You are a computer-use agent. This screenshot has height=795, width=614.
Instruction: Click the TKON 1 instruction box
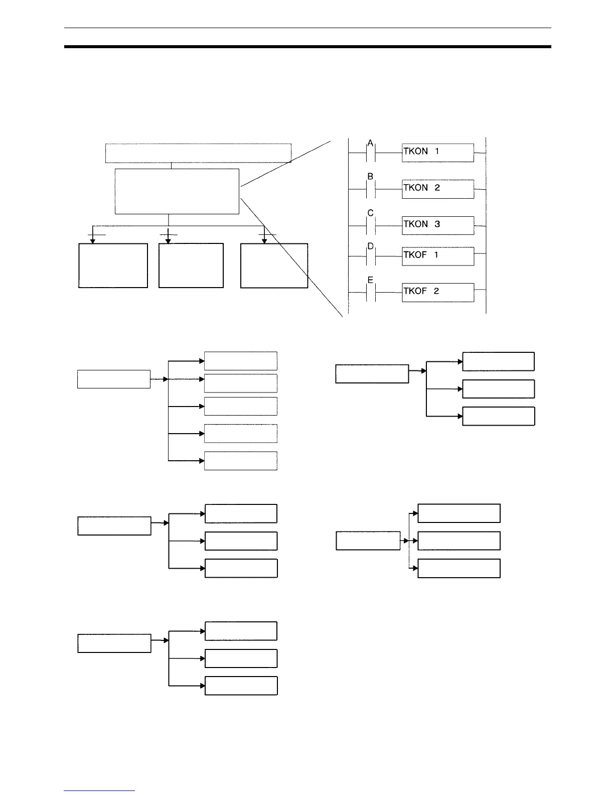pyautogui.click(x=437, y=153)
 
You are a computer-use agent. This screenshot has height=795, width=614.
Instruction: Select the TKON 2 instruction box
pyautogui.click(x=437, y=189)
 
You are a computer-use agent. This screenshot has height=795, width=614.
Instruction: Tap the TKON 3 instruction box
pyautogui.click(x=437, y=225)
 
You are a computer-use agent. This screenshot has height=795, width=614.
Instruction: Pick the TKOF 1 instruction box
pyautogui.click(x=437, y=256)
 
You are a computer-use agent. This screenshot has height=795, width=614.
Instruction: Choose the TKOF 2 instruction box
pyautogui.click(x=437, y=292)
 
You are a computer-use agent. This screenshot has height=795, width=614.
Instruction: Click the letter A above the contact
pyautogui.click(x=370, y=144)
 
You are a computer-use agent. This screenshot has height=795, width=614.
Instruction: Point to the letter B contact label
pyautogui.click(x=370, y=177)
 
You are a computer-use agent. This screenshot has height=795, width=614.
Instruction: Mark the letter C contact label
pyautogui.click(x=370, y=213)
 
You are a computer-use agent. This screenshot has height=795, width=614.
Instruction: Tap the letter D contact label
pyautogui.click(x=370, y=246)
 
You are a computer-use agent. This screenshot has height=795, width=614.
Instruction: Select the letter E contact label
pyautogui.click(x=370, y=280)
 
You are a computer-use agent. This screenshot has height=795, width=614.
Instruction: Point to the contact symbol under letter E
pyautogui.click(x=371, y=293)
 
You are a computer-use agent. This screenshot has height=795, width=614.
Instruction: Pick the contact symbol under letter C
pyautogui.click(x=371, y=225)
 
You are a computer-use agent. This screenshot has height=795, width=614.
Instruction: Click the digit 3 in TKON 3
pyautogui.click(x=437, y=224)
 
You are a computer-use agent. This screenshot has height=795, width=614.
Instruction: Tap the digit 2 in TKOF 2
pyautogui.click(x=436, y=291)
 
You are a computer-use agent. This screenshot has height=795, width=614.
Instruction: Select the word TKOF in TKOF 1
pyautogui.click(x=415, y=254)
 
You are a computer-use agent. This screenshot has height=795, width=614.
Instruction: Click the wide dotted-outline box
pyautogui.click(x=198, y=153)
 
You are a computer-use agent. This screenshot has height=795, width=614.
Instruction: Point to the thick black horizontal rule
pyautogui.click(x=308, y=47)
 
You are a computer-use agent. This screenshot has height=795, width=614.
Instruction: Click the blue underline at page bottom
pyautogui.click(x=99, y=790)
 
